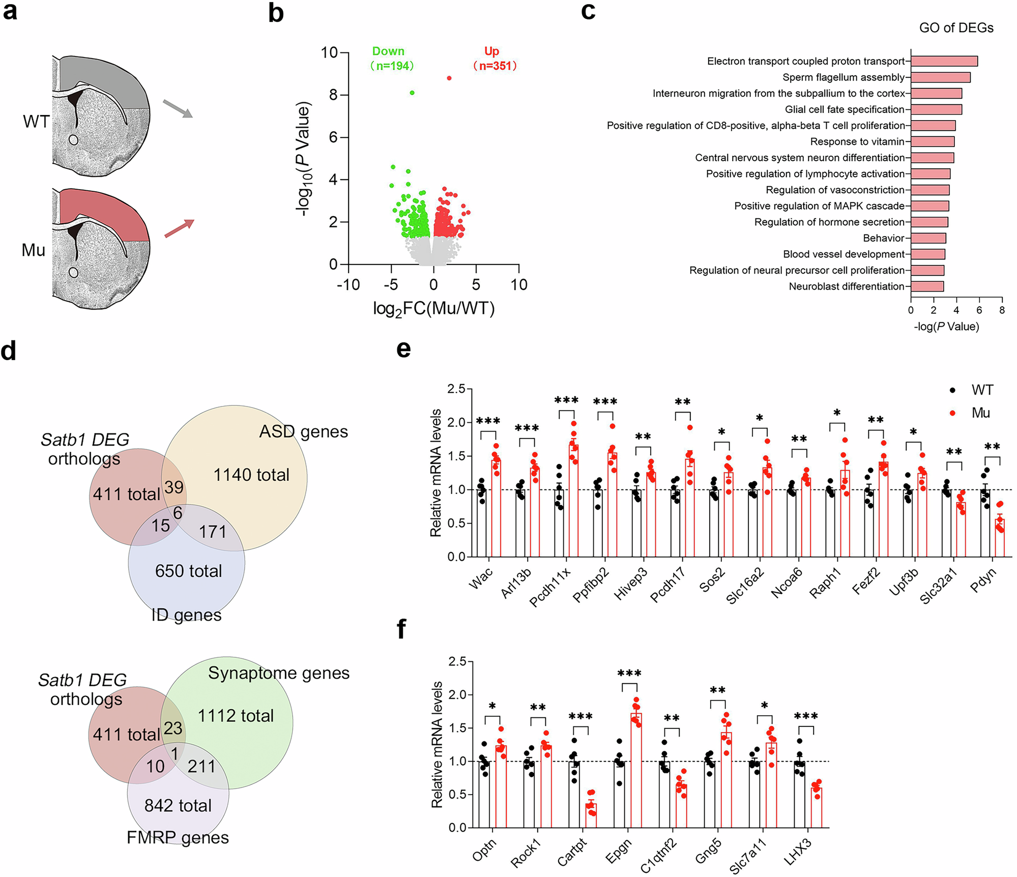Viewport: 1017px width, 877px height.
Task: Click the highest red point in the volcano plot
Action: (449, 78)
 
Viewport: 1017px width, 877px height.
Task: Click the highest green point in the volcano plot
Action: (412, 93)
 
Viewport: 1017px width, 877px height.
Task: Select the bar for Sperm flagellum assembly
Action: (940, 77)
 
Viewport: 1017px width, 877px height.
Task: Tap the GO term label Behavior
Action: (883, 238)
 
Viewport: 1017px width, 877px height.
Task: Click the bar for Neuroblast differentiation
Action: (927, 286)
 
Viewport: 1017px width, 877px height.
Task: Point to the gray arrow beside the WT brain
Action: (178, 109)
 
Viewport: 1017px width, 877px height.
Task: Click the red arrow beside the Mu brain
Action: (179, 228)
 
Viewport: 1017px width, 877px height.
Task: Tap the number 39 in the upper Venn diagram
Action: (173, 487)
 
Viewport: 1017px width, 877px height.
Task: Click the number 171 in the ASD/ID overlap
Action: (213, 532)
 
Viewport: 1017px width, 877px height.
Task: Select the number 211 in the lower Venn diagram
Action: (201, 766)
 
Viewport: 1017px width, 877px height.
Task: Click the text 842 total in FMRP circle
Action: (178, 805)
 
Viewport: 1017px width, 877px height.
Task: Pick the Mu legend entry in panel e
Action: (979, 413)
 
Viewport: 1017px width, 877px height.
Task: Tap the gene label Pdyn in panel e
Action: (983, 580)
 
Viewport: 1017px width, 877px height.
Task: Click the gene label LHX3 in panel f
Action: (798, 853)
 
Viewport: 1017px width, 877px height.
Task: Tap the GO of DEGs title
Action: (955, 28)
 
